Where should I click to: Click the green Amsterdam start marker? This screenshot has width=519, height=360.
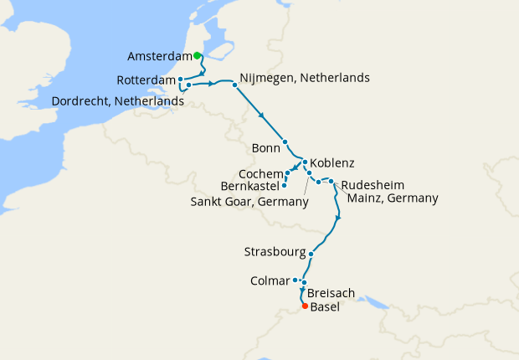click(197, 56)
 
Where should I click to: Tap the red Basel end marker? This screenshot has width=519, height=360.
click(303, 306)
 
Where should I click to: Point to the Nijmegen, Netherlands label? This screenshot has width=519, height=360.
click(304, 78)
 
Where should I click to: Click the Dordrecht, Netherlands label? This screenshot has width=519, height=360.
click(118, 100)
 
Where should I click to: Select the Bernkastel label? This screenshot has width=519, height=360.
click(249, 185)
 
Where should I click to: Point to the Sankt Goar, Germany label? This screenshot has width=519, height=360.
click(244, 201)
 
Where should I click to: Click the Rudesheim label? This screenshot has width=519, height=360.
click(375, 185)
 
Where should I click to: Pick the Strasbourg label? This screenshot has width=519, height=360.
click(273, 251)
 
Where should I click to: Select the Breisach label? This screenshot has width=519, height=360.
click(331, 294)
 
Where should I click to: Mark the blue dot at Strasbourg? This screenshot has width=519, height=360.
click(311, 254)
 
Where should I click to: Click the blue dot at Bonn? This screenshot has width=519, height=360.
click(285, 141)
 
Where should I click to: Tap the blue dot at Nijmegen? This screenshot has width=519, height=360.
click(234, 83)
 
